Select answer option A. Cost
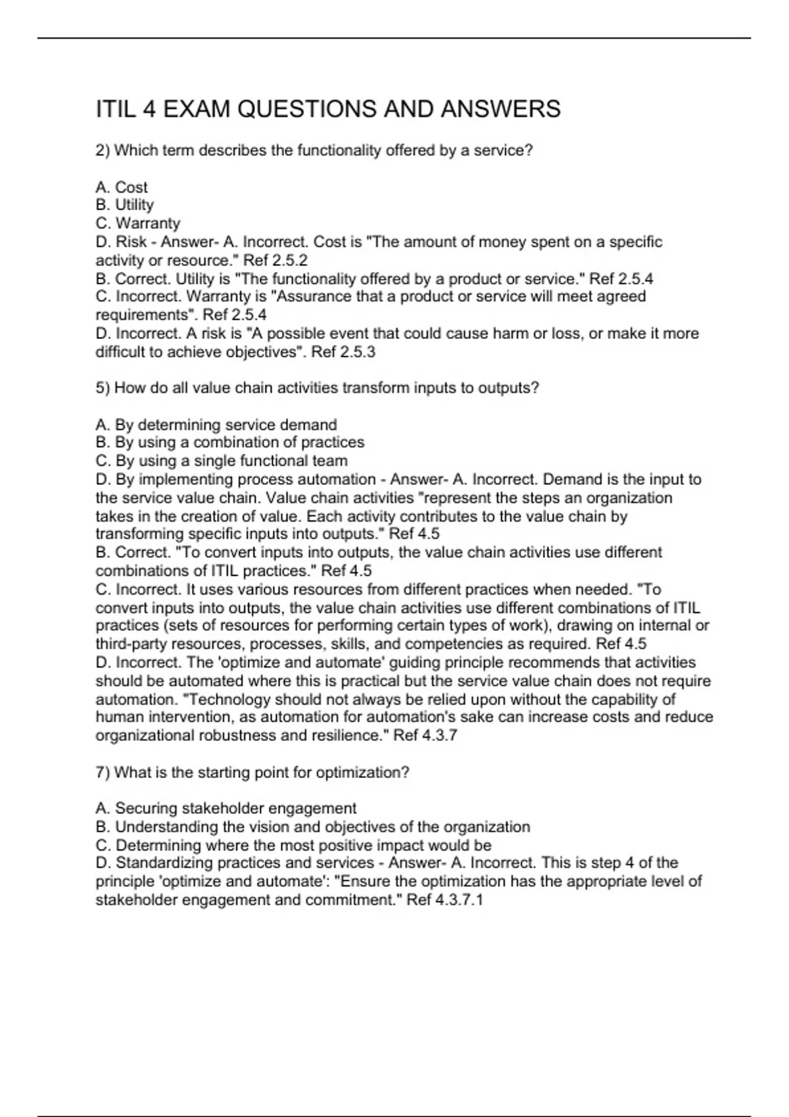122,187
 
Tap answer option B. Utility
125,205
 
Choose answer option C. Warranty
138,223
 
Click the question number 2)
103,150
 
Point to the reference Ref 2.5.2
275,260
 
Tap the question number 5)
103,388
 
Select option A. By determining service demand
216,425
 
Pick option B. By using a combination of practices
230,442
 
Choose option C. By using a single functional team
222,461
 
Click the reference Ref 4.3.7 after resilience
425,736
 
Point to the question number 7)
103,773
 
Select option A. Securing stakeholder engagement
226,808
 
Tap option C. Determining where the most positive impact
294,845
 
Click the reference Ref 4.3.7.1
445,900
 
